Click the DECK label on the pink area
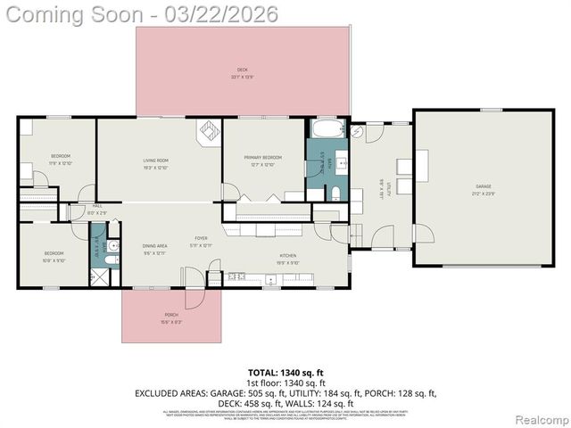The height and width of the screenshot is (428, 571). pos(242,70)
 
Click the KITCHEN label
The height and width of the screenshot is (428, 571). pos(287,256)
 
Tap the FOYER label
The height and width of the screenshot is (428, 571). pos(202,239)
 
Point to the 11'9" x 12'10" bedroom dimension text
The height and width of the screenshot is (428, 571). pos(60,163)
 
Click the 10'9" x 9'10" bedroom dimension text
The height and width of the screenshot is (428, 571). pos(54,261)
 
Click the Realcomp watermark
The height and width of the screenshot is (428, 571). pos(541,418)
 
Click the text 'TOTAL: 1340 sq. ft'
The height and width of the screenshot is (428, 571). pos(285,372)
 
